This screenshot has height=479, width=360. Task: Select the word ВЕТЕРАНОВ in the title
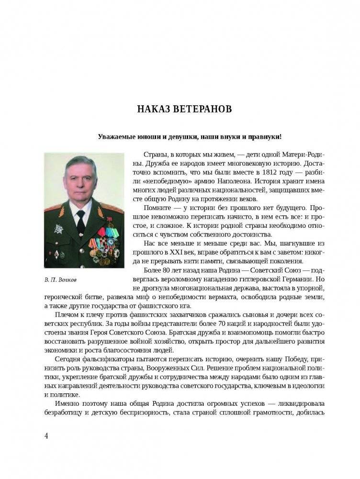pos(202,110)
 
